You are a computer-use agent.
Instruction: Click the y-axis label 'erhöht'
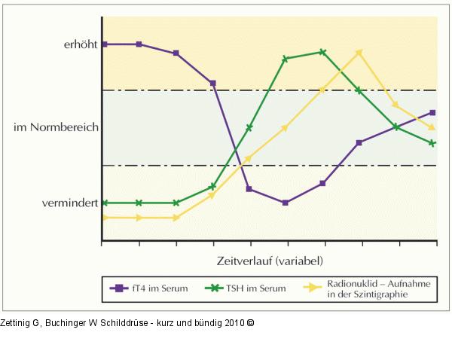coord(80,44)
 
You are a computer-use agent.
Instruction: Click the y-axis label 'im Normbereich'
coord(56,127)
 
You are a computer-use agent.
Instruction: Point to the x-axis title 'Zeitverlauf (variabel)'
coord(268,261)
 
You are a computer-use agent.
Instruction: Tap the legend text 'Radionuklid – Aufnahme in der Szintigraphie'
coord(367,289)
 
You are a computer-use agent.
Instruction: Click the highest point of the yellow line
coord(359,52)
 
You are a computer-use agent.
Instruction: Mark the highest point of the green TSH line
coord(322,52)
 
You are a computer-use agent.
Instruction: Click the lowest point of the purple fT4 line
coord(285,203)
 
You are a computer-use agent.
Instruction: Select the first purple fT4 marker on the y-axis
coord(102,44)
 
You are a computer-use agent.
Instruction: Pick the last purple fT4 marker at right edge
coord(432,112)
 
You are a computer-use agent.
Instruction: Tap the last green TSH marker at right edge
coord(432,143)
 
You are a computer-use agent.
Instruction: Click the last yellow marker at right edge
coord(432,128)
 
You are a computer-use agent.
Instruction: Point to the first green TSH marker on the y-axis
coord(102,203)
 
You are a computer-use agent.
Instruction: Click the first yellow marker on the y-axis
coord(102,218)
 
